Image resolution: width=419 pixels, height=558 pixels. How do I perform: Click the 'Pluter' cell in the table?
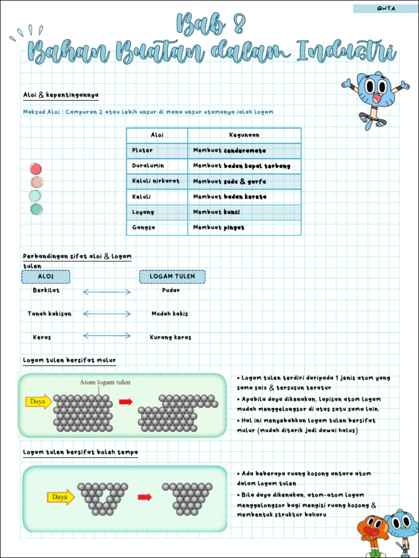click(x=143, y=150)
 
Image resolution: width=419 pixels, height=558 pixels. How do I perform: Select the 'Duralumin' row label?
click(x=148, y=166)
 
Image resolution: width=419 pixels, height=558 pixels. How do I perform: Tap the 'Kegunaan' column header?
click(x=244, y=135)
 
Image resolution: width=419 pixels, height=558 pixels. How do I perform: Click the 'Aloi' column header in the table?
click(x=157, y=135)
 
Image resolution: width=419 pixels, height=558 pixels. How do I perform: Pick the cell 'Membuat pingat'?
click(x=219, y=228)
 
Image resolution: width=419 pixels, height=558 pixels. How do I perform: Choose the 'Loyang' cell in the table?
click(x=143, y=212)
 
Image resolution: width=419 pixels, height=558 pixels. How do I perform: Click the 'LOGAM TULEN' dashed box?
click(x=172, y=277)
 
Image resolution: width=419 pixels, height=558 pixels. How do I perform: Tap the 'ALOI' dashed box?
click(x=46, y=277)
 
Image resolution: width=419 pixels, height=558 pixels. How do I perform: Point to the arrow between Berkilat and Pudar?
click(x=107, y=292)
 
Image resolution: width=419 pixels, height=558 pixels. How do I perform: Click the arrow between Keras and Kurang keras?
click(x=107, y=336)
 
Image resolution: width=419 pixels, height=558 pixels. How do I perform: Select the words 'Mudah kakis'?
click(x=170, y=314)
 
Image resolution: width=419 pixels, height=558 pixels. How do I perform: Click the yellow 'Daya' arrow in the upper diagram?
click(x=39, y=402)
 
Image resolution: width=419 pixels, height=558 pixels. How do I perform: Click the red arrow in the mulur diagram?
click(x=126, y=402)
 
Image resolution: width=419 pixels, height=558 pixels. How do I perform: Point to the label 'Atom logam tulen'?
click(x=105, y=383)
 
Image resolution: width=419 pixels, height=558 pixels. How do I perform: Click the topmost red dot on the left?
click(x=36, y=169)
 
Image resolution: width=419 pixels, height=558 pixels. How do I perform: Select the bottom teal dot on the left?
click(x=36, y=209)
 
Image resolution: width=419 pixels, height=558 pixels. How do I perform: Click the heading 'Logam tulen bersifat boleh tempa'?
click(x=80, y=452)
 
